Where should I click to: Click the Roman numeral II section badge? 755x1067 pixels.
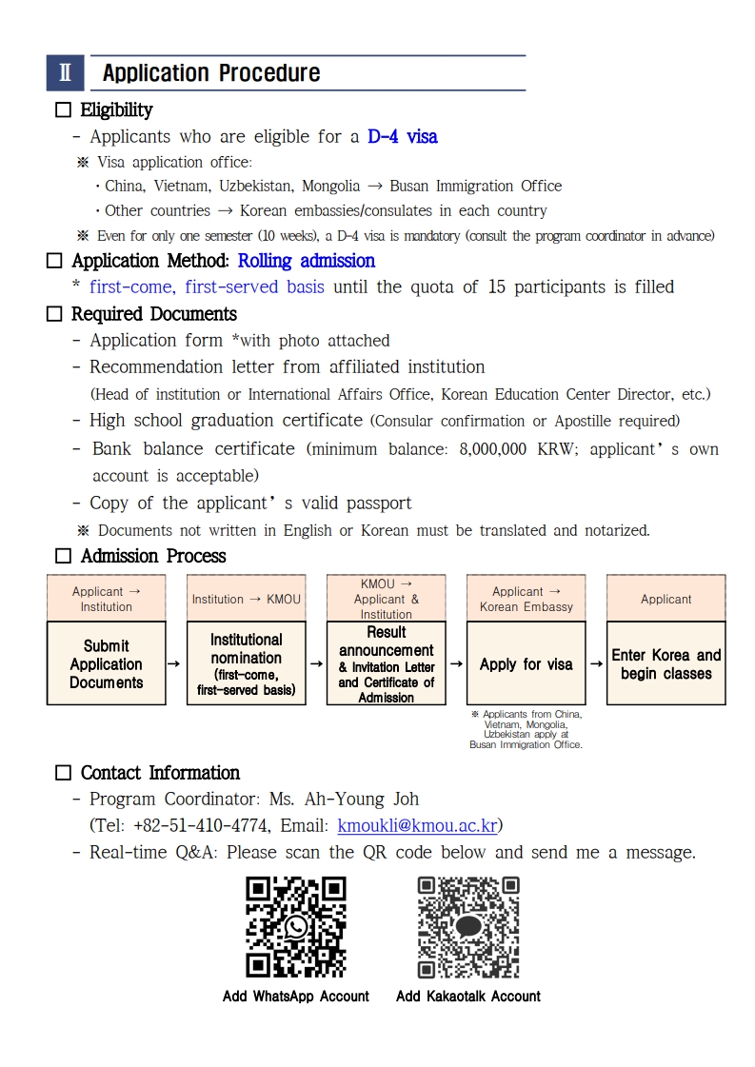pyautogui.click(x=65, y=73)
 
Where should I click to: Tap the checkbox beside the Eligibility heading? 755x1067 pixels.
pyautogui.click(x=63, y=110)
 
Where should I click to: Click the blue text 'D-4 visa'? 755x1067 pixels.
pyautogui.click(x=403, y=137)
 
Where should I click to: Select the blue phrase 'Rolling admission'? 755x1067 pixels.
pyautogui.click(x=307, y=261)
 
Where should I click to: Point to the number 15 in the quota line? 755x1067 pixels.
pyautogui.click(x=496, y=287)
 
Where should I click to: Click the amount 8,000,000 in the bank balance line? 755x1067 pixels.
pyautogui.click(x=492, y=449)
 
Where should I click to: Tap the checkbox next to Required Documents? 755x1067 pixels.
pyautogui.click(x=54, y=314)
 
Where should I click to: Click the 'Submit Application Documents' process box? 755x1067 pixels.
pyautogui.click(x=106, y=663)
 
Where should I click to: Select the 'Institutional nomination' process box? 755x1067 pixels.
pyautogui.click(x=246, y=663)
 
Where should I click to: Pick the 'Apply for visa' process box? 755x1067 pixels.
pyautogui.click(x=526, y=663)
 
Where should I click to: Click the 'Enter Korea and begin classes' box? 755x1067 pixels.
pyautogui.click(x=666, y=663)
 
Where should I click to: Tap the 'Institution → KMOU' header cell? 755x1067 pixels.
pyautogui.click(x=246, y=599)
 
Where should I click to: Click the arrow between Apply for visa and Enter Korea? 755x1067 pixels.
pyautogui.click(x=596, y=663)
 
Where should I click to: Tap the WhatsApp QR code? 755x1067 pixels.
pyautogui.click(x=296, y=927)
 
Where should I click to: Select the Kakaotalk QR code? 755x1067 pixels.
pyautogui.click(x=468, y=927)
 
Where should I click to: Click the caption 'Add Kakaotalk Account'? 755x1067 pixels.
pyautogui.click(x=468, y=997)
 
